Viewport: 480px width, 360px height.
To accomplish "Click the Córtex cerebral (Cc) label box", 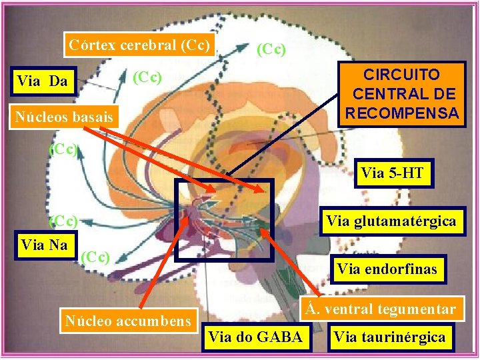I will click(140, 45).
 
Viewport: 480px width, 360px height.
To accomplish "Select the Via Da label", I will click(42, 81).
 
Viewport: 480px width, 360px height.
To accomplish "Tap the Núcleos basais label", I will click(64, 117).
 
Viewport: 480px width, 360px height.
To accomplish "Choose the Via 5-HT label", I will click(392, 174).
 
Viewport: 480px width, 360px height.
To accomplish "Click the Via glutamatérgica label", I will click(391, 220).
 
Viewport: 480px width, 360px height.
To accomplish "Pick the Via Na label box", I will click(44, 245).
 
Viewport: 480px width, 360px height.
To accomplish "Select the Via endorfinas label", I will click(387, 269).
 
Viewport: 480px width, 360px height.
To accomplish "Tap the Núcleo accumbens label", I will click(127, 321).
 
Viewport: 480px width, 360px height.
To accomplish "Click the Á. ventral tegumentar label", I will click(381, 309).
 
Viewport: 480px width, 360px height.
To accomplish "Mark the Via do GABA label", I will click(255, 337).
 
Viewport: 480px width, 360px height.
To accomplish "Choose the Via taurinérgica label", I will click(389, 337).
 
